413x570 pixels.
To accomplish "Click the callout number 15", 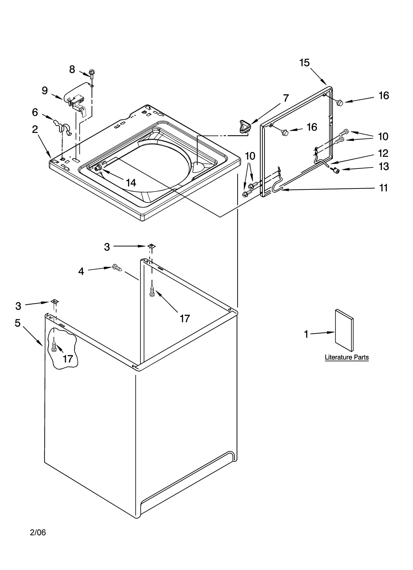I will click(304, 63).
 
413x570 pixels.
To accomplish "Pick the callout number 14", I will click(131, 183).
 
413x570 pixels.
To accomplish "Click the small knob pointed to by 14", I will click(98, 168).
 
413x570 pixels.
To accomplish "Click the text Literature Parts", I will click(346, 357).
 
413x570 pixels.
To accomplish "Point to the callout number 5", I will click(17, 323).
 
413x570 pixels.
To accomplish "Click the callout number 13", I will click(384, 167).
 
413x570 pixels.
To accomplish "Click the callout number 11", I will click(384, 188).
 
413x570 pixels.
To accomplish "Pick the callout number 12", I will click(383, 153).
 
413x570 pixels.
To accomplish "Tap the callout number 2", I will click(35, 129).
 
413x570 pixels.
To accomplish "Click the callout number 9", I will click(45, 91).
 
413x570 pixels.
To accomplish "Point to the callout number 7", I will click(285, 98).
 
